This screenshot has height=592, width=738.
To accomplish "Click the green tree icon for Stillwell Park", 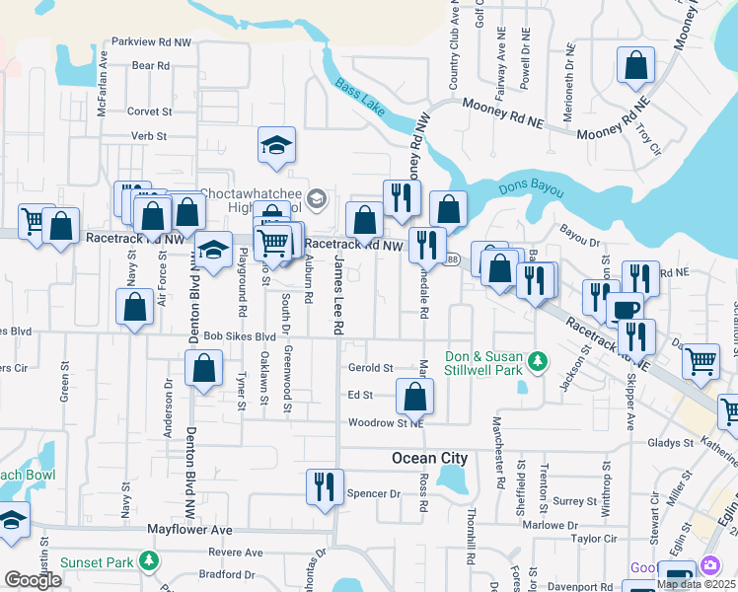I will pos(537,362).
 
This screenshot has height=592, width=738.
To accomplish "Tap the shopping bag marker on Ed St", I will pos(415,397).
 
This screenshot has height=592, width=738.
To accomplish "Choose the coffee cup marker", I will pos(624,310).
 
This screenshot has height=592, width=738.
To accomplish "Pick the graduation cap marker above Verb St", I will pos(277,146).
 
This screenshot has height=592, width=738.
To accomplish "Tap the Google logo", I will pos(33,580).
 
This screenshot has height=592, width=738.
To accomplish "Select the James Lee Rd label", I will pos(338,292).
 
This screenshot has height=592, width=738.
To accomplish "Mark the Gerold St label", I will pos(371,367).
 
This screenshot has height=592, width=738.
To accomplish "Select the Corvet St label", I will pos(150,111).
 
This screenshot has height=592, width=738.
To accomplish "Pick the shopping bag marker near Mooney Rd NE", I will pos(636,66).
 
